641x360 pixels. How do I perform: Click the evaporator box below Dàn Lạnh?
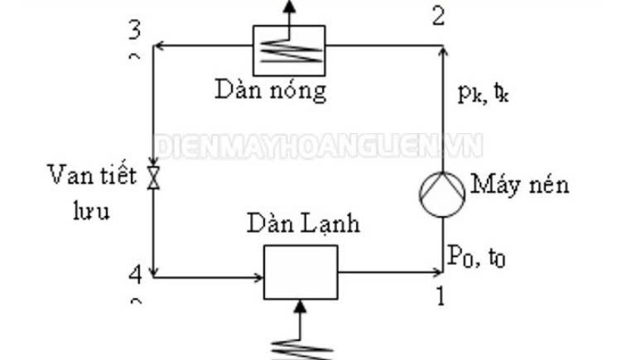pyautogui.click(x=300, y=272)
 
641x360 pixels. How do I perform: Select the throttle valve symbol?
pyautogui.click(x=153, y=177)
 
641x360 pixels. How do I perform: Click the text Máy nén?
pyautogui.click(x=520, y=185)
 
